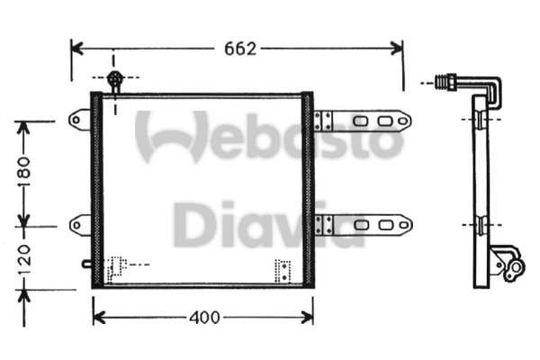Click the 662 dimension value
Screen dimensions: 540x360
click(x=240, y=49)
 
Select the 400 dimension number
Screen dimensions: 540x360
click(x=204, y=318)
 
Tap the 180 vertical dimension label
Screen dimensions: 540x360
click(x=23, y=171)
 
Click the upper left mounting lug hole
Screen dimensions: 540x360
click(x=76, y=121)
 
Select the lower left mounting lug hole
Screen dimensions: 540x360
click(x=76, y=226)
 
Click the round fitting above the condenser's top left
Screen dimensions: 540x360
click(x=115, y=78)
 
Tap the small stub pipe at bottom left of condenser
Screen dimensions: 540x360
click(x=86, y=265)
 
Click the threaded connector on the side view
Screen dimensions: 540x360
click(x=445, y=83)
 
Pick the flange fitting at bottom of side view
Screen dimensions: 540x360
click(x=508, y=264)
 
